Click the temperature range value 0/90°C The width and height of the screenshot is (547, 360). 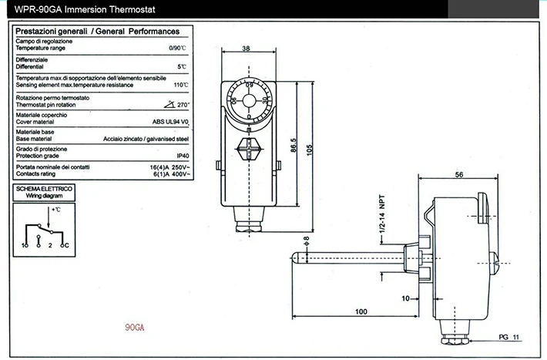click(x=180, y=48)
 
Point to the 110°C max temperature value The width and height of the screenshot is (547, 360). click(x=181, y=85)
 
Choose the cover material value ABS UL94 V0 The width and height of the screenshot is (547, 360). click(x=171, y=121)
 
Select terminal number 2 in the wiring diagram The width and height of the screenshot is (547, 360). click(x=50, y=244)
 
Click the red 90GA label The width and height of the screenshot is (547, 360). click(x=135, y=327)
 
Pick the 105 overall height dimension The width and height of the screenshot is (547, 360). click(x=311, y=149)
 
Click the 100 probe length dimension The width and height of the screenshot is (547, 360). click(x=359, y=311)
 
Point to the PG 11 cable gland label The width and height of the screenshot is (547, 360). click(x=510, y=336)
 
